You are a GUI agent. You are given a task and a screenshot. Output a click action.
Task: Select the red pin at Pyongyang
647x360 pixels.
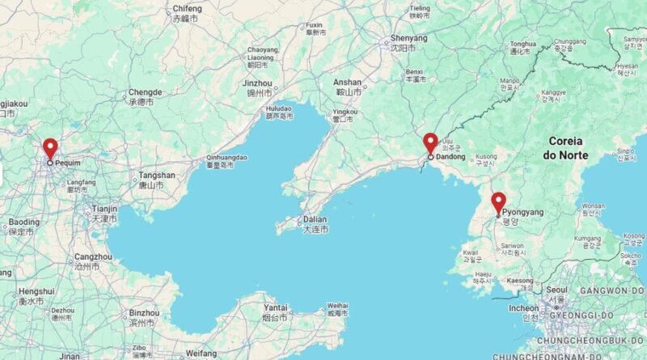pos(498,202)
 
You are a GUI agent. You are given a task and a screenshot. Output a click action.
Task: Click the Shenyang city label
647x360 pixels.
pos(408,38)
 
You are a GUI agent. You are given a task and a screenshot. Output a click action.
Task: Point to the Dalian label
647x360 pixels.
pos(315,219)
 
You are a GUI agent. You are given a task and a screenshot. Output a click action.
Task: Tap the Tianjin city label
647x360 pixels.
pos(104,208)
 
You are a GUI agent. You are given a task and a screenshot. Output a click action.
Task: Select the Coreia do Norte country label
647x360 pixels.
pos(565,147)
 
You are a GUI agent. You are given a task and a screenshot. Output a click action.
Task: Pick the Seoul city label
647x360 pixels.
pos(556,289)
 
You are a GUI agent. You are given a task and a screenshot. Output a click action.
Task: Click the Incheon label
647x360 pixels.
pos(523,308)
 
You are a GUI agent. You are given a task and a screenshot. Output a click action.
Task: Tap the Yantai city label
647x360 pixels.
pos(276,307)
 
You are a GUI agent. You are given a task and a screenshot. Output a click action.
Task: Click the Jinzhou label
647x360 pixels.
pos(257,83)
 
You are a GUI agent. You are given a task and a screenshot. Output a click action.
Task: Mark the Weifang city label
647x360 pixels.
pos(201,354)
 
